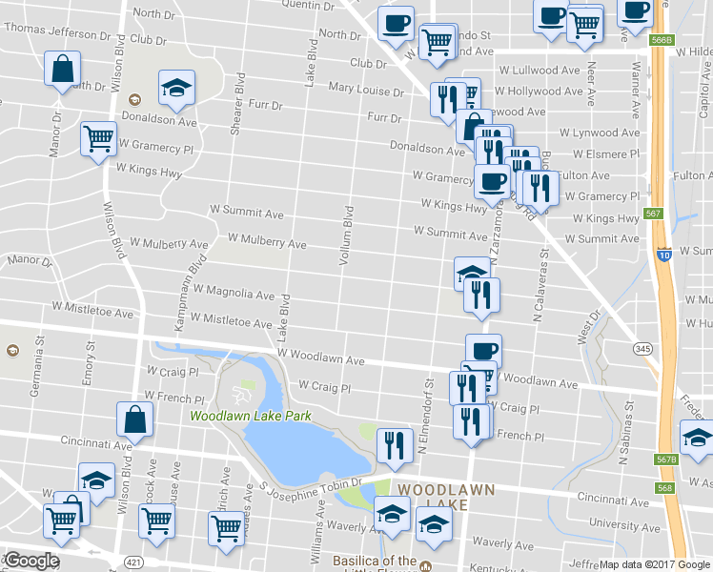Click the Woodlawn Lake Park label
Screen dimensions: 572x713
(251, 416)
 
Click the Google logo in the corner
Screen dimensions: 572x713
(31, 561)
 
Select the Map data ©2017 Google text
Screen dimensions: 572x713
(654, 564)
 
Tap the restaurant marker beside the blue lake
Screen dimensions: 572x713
(394, 445)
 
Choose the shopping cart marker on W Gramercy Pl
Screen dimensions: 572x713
(98, 140)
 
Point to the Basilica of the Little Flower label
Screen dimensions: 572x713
(375, 562)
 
